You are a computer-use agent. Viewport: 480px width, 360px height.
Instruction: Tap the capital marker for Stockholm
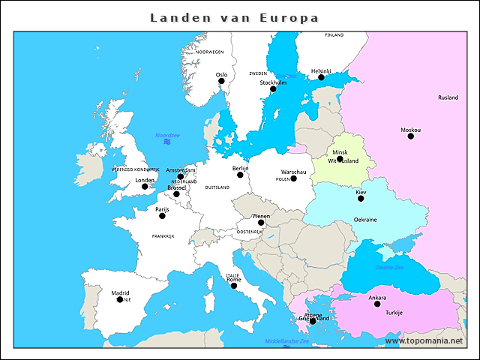[x=273, y=89]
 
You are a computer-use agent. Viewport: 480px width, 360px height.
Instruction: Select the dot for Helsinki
[x=321, y=77]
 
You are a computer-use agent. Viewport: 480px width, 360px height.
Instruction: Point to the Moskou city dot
[x=411, y=136]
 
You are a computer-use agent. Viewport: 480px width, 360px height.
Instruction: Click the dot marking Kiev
[x=361, y=199]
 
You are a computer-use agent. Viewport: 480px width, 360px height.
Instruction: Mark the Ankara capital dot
[x=377, y=304]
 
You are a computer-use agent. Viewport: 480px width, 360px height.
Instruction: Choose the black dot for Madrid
[x=120, y=299]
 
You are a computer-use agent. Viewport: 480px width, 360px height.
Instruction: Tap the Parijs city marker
[x=162, y=216]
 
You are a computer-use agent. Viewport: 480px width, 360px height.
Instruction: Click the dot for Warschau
[x=294, y=178]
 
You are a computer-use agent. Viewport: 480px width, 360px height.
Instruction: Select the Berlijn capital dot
[x=240, y=175]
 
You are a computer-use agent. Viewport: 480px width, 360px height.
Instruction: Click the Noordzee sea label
[x=167, y=135]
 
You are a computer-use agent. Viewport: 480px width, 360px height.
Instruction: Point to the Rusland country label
[x=448, y=97]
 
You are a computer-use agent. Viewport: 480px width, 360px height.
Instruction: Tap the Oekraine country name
[x=365, y=220]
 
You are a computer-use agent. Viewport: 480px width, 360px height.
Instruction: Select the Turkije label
[x=394, y=313]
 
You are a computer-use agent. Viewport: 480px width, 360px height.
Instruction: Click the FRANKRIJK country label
[x=163, y=236]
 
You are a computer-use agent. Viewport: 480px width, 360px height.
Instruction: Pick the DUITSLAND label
[x=217, y=187]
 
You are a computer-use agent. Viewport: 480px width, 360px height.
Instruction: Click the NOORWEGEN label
[x=210, y=52]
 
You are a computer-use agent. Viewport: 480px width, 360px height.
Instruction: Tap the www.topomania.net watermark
[x=424, y=340]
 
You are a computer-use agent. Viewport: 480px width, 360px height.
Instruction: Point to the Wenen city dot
[x=261, y=223]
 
